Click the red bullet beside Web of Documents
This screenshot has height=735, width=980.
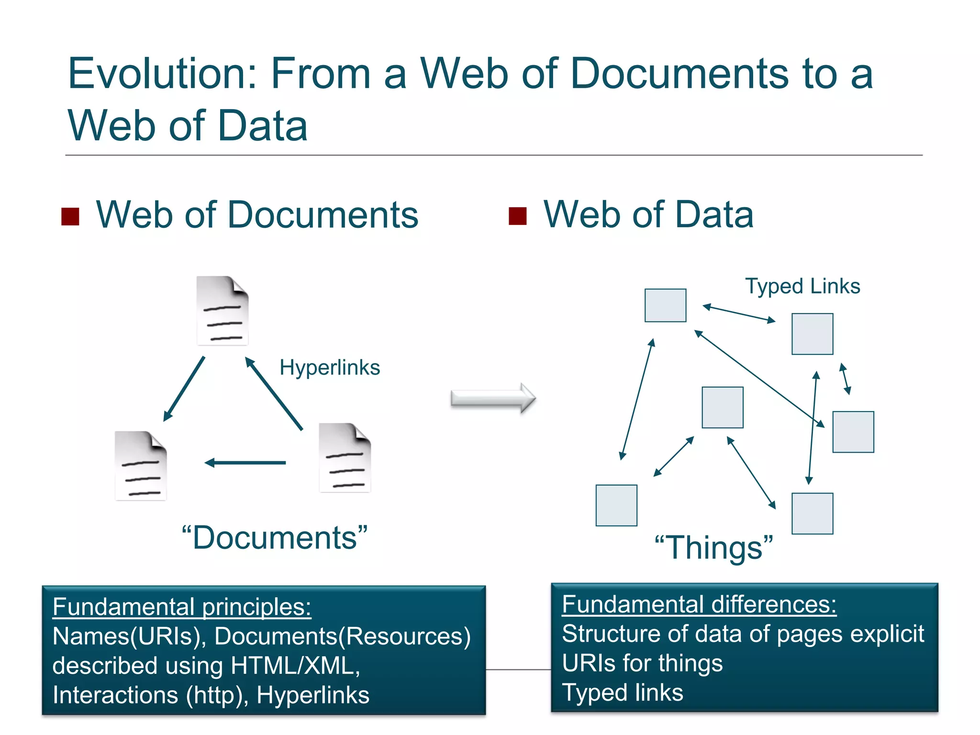click(70, 216)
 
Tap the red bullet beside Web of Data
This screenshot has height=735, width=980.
click(517, 216)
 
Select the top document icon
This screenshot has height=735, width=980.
click(223, 311)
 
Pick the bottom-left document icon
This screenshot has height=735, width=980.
click(141, 466)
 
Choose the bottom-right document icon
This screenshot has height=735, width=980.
click(345, 457)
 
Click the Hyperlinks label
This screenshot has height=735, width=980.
click(330, 367)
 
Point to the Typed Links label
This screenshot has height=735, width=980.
click(802, 286)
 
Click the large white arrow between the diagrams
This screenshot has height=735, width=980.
click(493, 398)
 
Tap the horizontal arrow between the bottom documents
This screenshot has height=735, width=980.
click(245, 463)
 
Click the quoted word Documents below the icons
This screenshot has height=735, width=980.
click(275, 537)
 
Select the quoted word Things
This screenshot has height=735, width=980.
click(713, 547)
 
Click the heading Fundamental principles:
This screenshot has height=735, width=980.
click(182, 607)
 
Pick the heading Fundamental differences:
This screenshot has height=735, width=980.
click(699, 604)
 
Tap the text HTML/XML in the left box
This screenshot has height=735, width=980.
click(295, 665)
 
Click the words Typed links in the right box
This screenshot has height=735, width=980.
click(623, 692)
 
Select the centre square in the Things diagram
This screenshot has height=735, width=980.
click(723, 407)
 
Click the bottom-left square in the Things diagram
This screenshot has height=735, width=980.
click(616, 505)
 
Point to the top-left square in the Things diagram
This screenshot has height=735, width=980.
click(665, 305)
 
